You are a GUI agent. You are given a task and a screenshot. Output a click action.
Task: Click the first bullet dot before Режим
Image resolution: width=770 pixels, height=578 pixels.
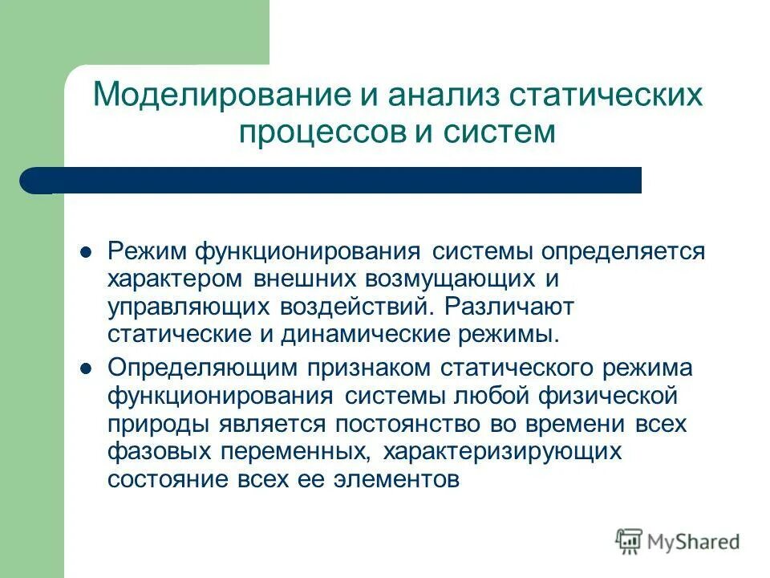pos(89,251)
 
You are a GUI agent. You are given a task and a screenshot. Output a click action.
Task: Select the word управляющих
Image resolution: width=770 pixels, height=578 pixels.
pos(190,308)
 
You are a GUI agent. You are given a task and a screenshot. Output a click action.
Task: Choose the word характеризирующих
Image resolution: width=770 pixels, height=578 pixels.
pos(503,452)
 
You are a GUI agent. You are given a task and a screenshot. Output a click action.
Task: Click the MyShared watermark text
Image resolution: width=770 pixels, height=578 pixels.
pos(694,542)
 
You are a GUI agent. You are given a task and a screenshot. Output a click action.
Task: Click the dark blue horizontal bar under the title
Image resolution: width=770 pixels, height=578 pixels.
pos(337,180)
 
